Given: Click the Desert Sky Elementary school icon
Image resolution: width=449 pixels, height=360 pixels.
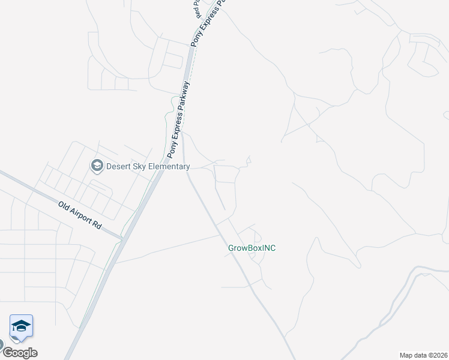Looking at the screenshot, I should click(96, 165).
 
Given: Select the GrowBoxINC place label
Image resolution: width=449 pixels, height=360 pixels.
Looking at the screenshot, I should click(252, 248).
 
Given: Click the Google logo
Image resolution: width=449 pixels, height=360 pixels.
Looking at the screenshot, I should click(20, 353).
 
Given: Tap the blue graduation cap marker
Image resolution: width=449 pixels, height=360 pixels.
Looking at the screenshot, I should click(21, 326).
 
